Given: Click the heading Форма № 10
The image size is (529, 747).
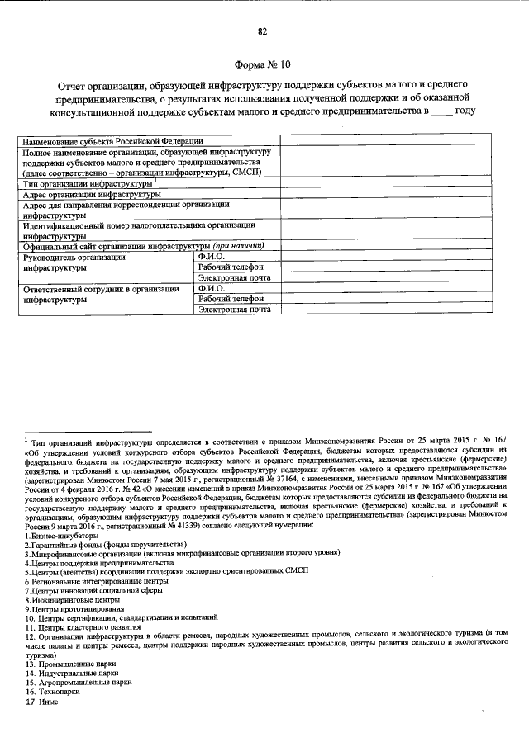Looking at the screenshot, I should tap(263, 64).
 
